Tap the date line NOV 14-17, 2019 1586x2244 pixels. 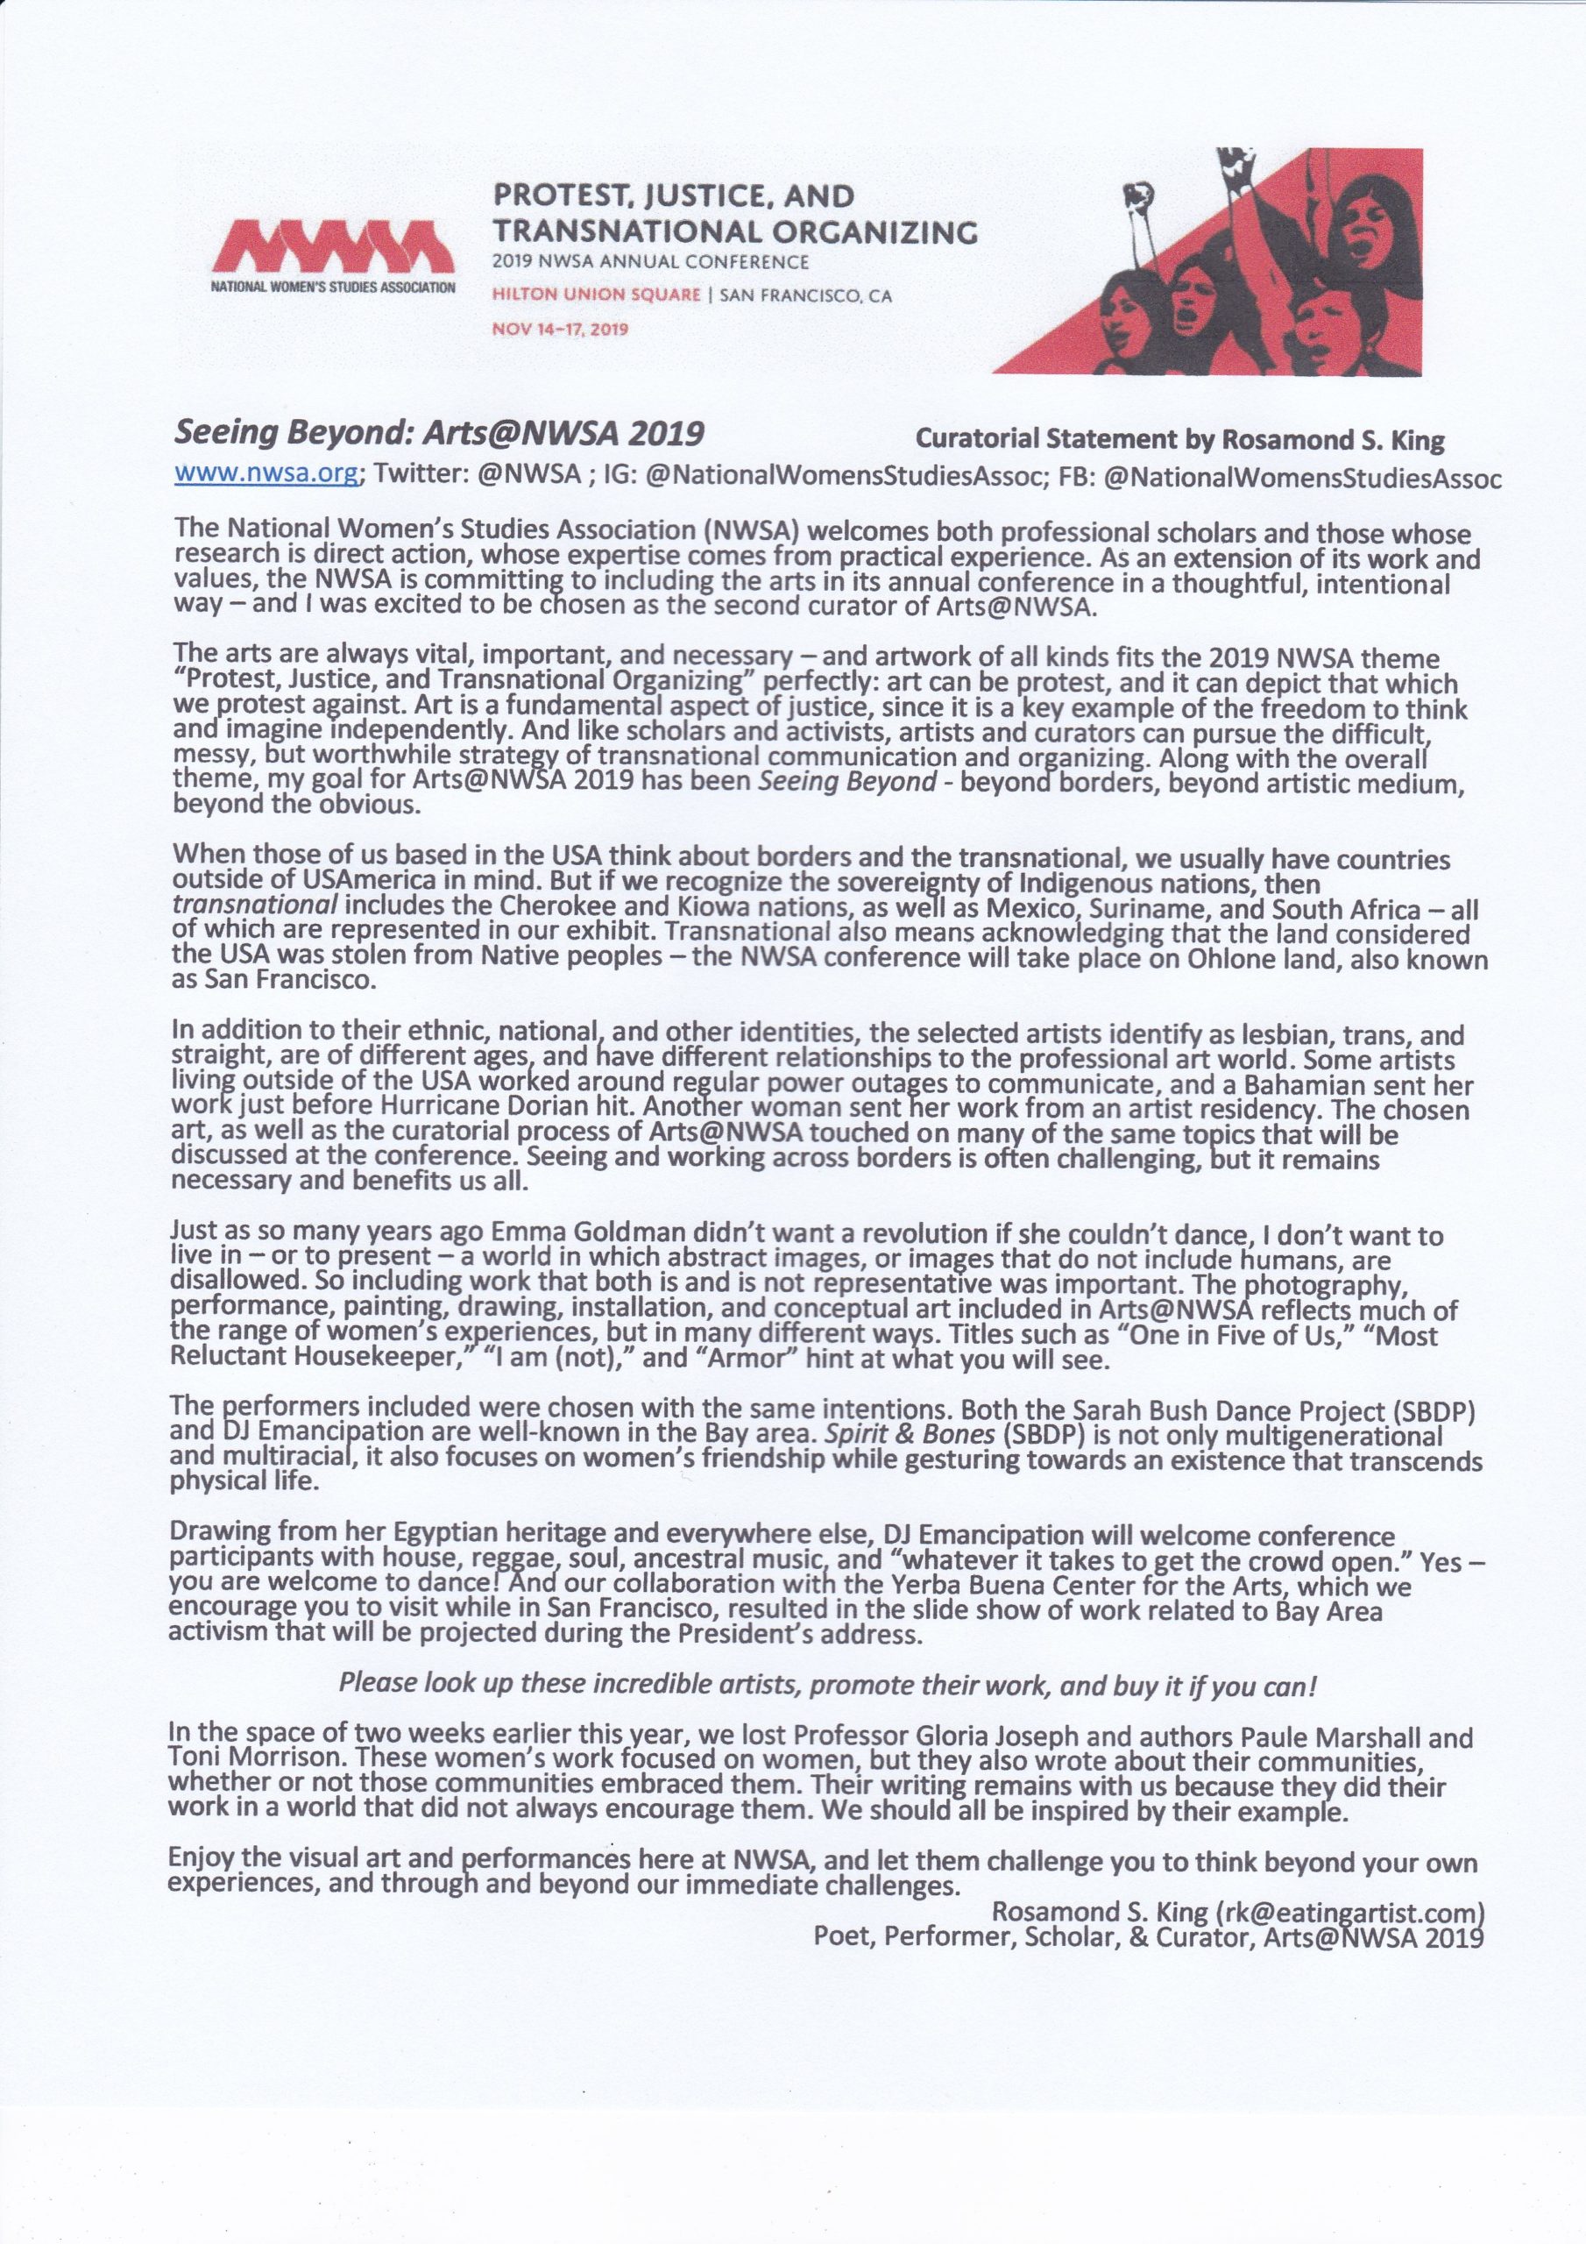tap(560, 329)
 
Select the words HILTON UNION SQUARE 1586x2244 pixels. tap(596, 295)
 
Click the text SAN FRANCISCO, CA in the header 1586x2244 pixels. tap(805, 296)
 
